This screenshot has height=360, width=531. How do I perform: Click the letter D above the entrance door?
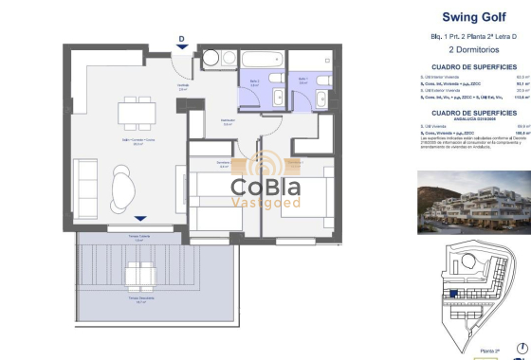(x=180, y=39)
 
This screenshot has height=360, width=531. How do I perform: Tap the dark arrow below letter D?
(x=180, y=51)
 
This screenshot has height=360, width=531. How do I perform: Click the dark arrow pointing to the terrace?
(x=140, y=218)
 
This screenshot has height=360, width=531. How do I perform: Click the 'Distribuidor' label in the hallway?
(x=228, y=121)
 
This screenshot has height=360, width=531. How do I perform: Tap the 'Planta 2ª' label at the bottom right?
(x=489, y=351)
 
